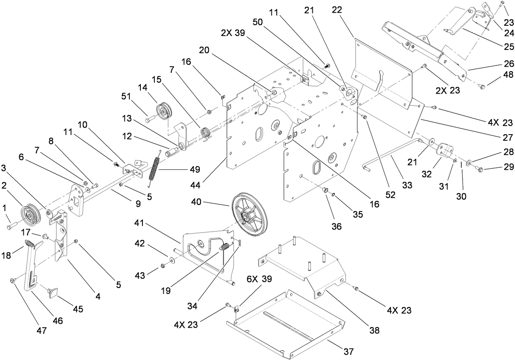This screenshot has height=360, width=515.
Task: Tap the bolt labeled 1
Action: [11, 224]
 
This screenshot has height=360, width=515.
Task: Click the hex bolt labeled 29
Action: [480, 169]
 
